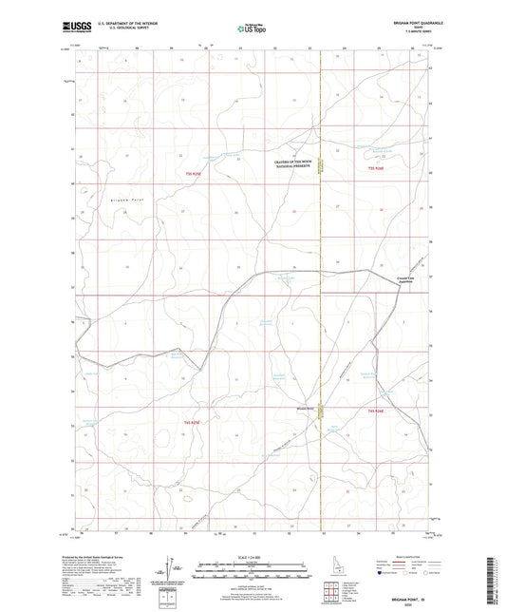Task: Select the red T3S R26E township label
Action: click(378, 167)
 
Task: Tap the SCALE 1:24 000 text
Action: click(252, 555)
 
